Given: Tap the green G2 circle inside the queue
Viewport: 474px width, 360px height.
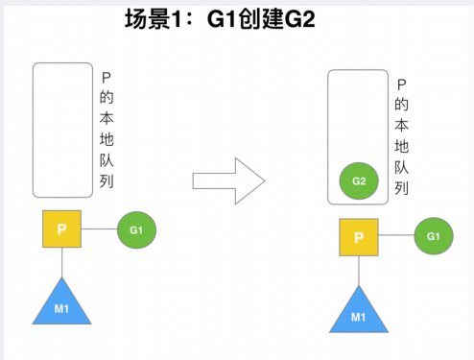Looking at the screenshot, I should [x=359, y=180].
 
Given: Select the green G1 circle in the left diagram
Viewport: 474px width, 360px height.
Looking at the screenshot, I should [x=135, y=230].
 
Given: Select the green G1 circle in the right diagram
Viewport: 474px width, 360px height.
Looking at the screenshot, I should [x=434, y=236].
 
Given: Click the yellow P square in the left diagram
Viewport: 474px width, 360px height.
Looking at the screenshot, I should [x=61, y=230].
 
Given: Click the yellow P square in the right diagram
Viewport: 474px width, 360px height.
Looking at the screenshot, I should [x=359, y=237].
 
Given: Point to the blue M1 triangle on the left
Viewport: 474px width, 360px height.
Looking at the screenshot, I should [x=61, y=305].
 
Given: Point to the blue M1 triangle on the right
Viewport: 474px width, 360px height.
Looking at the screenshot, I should [x=359, y=311].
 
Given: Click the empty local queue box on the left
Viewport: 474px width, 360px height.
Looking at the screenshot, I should [x=61, y=130].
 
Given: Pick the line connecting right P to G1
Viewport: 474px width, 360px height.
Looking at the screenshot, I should [x=397, y=237].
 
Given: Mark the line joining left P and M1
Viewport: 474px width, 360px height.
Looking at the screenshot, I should [x=61, y=263].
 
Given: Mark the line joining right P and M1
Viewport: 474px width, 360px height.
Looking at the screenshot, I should [x=359, y=271].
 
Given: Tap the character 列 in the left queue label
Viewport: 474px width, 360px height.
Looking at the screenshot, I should [x=107, y=181].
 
